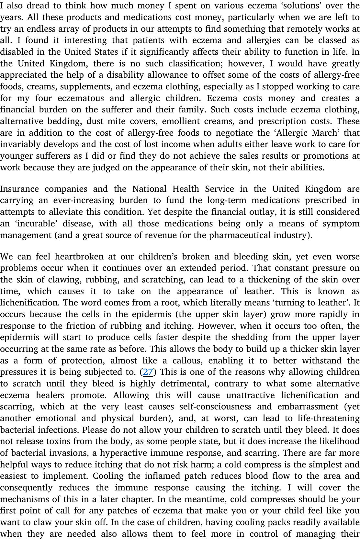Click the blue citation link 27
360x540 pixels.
point(148,372)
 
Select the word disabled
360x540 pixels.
point(15,52)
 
